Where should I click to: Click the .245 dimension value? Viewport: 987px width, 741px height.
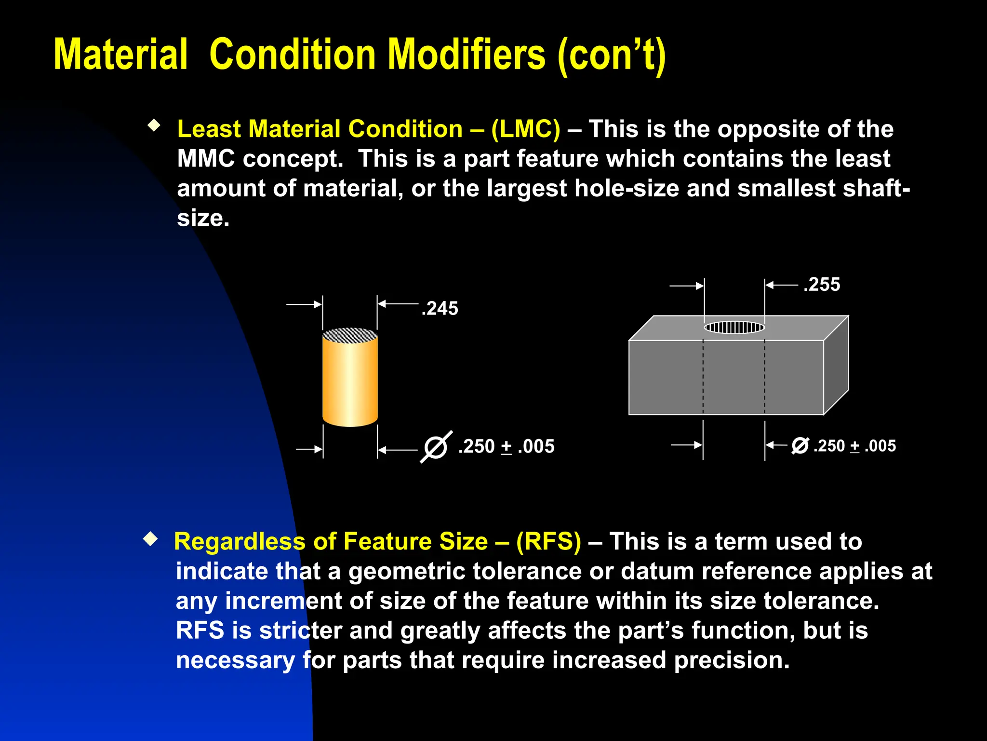click(x=440, y=309)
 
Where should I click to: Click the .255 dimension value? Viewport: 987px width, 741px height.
click(x=822, y=285)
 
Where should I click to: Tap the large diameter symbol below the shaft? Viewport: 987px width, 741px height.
click(x=436, y=447)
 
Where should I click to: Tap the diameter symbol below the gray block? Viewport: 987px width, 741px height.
click(x=800, y=445)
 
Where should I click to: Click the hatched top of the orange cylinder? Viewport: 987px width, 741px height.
click(x=350, y=335)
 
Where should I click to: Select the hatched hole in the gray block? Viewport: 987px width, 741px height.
click(x=734, y=328)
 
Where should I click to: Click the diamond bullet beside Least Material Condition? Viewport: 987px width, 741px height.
click(x=154, y=126)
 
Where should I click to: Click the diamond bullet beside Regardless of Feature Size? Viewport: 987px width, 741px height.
click(x=151, y=539)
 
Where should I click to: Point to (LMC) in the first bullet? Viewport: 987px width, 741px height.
click(x=525, y=129)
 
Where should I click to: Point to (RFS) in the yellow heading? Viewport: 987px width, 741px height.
click(x=548, y=541)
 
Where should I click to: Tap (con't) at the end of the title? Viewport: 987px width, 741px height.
click(x=611, y=55)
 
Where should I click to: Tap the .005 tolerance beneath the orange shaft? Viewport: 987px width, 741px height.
click(x=536, y=447)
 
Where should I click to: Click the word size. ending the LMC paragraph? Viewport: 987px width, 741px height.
click(x=203, y=219)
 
